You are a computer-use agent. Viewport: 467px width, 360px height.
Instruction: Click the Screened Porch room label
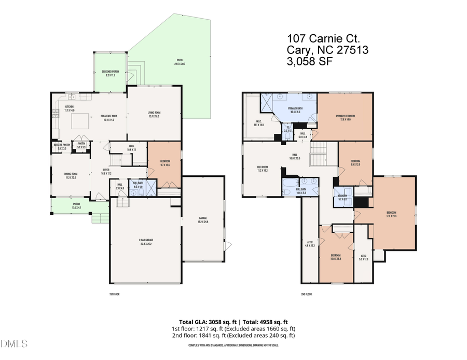pyautogui.click(x=108, y=73)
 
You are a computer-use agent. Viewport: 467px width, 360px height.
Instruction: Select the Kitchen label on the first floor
pyautogui.click(x=69, y=108)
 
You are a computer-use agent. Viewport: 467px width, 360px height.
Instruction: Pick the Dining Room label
pyautogui.click(x=70, y=175)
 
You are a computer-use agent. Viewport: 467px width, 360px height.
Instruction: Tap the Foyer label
pyautogui.click(x=106, y=171)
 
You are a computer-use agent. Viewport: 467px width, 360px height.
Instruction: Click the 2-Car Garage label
pyautogui.click(x=146, y=241)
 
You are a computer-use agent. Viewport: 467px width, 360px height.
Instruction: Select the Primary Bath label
pyautogui.click(x=295, y=109)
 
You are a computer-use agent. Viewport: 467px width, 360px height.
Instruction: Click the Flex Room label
pyautogui.click(x=262, y=168)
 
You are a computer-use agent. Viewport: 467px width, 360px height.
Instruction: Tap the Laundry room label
pyautogui.click(x=342, y=197)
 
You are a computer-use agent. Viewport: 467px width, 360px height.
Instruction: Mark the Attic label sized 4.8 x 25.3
pyautogui.click(x=310, y=244)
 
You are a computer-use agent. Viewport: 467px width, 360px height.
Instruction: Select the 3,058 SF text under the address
pyautogui.click(x=309, y=61)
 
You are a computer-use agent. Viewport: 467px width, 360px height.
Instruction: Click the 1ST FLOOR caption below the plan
pyautogui.click(x=115, y=294)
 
